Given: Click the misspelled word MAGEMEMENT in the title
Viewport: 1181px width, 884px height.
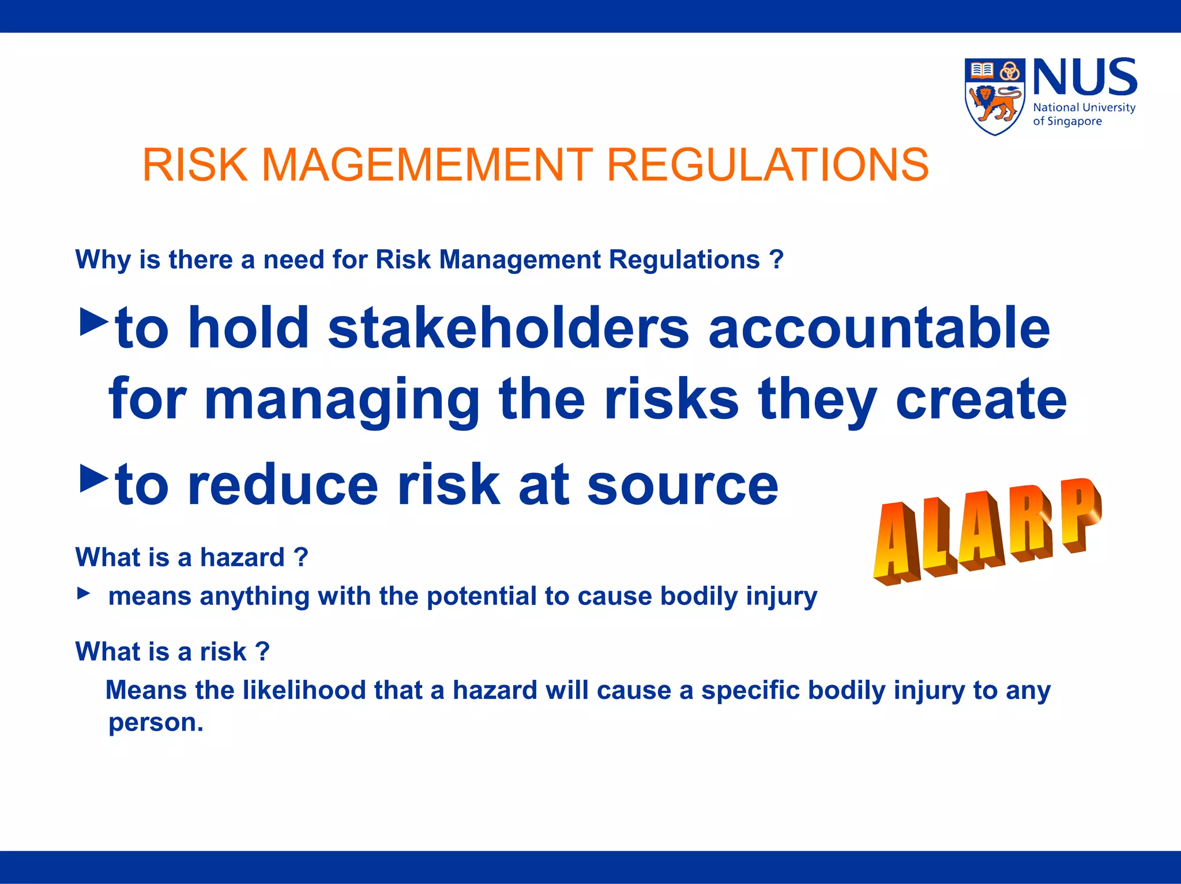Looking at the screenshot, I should point(427,165).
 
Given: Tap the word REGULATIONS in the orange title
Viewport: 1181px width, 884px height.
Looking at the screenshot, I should point(768,165).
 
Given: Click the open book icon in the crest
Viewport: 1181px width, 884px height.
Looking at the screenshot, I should point(981,70).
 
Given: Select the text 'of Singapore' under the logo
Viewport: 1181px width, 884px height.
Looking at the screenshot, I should point(1067,122).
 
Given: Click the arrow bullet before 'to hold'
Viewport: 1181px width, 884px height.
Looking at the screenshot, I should point(93,322).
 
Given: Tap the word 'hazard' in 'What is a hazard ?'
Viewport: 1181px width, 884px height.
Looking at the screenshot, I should point(242,558).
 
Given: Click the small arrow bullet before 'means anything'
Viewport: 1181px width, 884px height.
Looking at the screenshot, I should point(84,593).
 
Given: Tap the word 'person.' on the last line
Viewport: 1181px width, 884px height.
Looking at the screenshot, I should point(156,723).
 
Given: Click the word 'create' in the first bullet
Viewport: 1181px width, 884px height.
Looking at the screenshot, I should point(981,399).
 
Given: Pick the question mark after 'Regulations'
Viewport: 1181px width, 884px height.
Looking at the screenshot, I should point(776,259).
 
